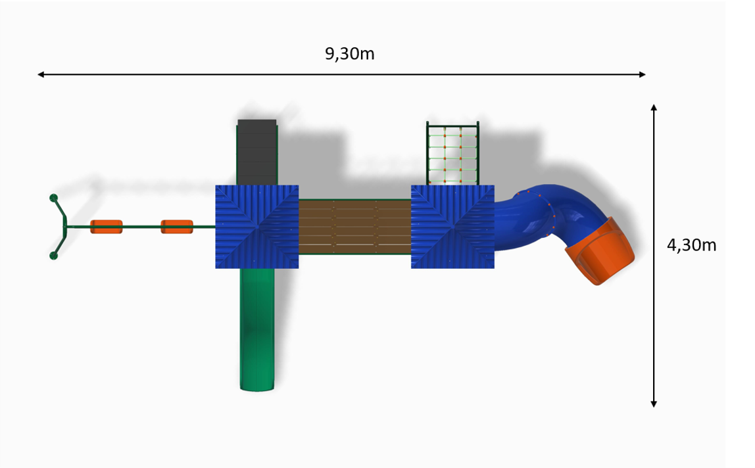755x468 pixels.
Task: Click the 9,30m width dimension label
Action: (x=350, y=53)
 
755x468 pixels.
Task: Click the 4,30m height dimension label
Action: (x=691, y=245)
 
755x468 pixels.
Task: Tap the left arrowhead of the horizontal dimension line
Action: (x=41, y=74)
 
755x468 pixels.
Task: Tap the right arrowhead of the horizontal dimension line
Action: (x=643, y=74)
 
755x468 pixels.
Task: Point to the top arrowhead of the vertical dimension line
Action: (x=654, y=107)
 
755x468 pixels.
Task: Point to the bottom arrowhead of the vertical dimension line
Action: (x=654, y=404)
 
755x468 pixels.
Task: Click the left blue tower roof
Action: (x=256, y=226)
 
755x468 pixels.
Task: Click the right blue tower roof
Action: (x=452, y=226)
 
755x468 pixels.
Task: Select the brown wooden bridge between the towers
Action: (x=355, y=226)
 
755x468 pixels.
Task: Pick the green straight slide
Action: (x=257, y=329)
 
